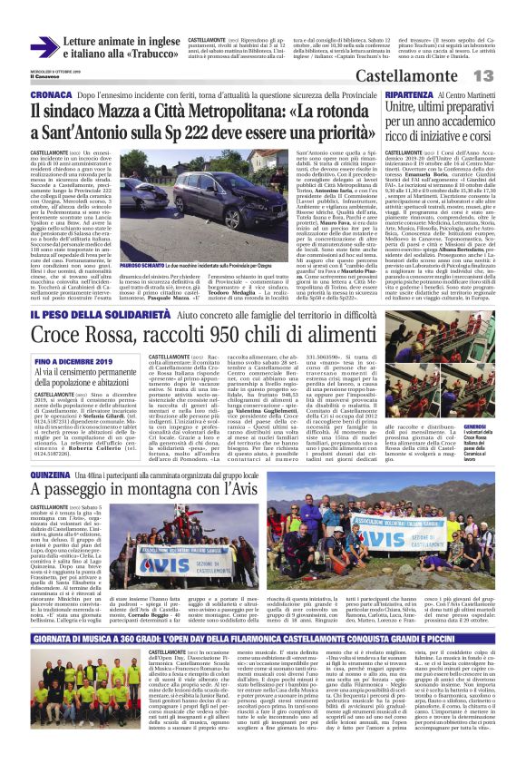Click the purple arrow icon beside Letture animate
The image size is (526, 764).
(x=44, y=47)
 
